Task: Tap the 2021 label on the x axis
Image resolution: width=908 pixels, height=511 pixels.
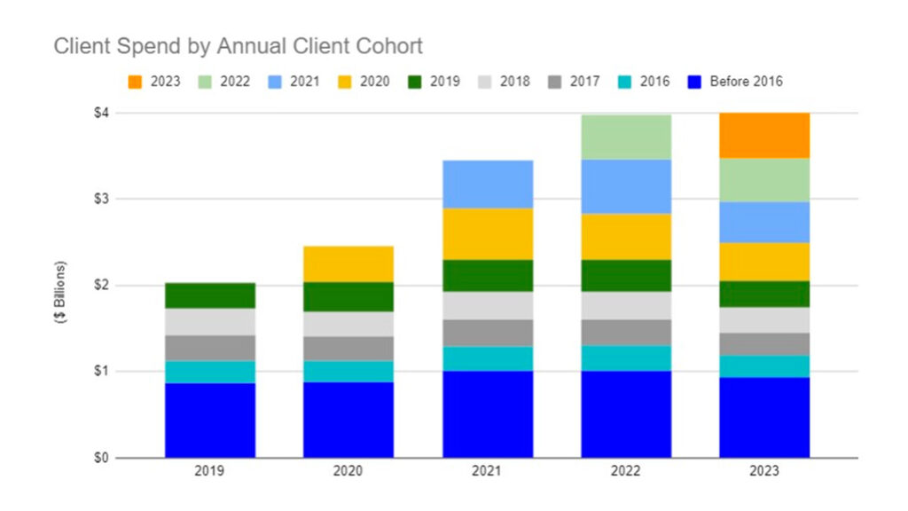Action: click(488, 472)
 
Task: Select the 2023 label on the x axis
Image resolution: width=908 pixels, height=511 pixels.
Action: click(763, 472)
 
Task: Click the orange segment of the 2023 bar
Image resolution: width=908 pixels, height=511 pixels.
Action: click(763, 136)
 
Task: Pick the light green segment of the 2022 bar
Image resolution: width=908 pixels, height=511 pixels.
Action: click(626, 137)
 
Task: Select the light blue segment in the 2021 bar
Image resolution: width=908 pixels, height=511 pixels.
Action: click(488, 184)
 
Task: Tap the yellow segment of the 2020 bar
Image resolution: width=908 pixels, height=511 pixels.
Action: click(348, 263)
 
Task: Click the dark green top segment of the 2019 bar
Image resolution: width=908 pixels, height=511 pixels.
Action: click(210, 295)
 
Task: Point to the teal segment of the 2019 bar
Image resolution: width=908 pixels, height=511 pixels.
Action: click(210, 372)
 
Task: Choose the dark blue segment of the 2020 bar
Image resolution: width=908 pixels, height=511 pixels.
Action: click(348, 420)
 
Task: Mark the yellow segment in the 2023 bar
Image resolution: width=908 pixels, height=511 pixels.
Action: click(763, 261)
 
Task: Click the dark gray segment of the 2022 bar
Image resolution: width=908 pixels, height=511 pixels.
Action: click(626, 332)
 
